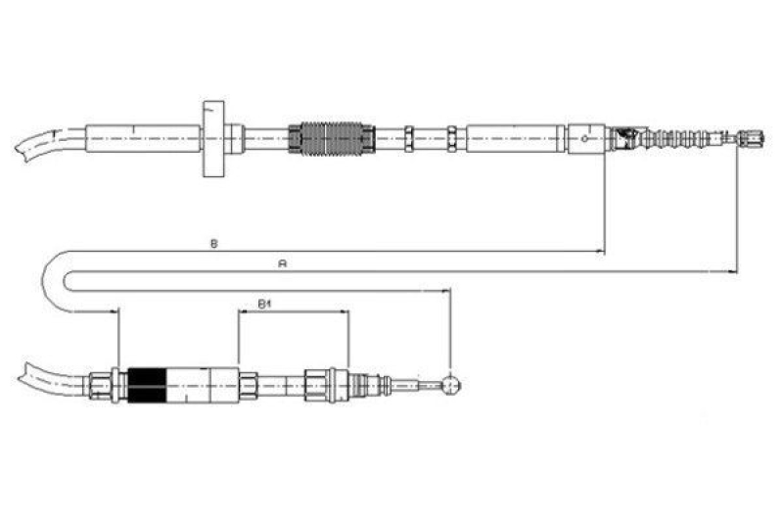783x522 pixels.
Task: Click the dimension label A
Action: pos(282,262)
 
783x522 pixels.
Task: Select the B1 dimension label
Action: pos(263,304)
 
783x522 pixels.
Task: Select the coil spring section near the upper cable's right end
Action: pos(685,139)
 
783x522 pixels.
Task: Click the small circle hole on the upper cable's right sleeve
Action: pos(584,139)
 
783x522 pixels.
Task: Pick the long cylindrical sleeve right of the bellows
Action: pos(516,138)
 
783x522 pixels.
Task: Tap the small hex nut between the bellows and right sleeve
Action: pos(452,138)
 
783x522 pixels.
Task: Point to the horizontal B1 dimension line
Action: pos(294,312)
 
